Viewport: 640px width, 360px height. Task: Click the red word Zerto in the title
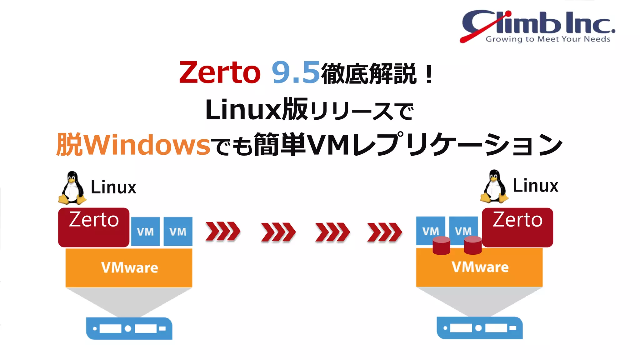click(220, 73)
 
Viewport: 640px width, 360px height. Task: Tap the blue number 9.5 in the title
click(295, 73)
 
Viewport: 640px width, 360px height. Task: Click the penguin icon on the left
click(72, 188)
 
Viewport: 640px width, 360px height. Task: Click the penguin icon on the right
click(494, 187)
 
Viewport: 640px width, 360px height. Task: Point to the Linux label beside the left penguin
click(113, 187)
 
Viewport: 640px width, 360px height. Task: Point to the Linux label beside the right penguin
click(535, 186)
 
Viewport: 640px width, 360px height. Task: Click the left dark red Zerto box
click(94, 227)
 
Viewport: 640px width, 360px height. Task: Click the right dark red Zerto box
click(517, 227)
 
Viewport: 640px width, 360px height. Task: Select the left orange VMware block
click(129, 268)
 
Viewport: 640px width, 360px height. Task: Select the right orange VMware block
click(479, 267)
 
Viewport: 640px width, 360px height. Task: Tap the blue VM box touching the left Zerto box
click(145, 232)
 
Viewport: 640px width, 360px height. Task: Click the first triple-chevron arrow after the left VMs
click(223, 232)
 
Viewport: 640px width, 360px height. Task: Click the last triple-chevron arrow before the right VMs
click(384, 232)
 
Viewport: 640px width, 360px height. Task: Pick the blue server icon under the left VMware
click(129, 328)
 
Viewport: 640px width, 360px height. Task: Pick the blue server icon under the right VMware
click(480, 328)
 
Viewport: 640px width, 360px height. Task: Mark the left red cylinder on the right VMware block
click(441, 246)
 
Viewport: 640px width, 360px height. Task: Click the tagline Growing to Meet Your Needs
click(548, 39)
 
